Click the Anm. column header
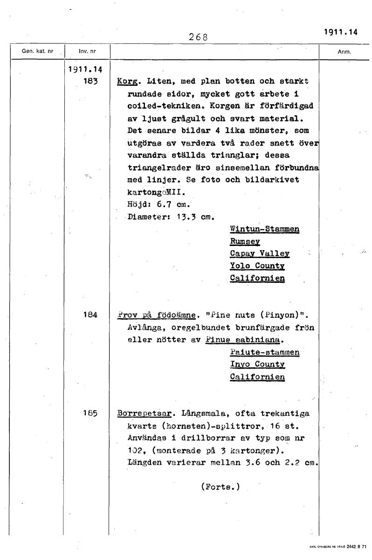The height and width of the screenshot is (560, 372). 344,52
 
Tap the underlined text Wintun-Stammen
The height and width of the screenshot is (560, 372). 264,229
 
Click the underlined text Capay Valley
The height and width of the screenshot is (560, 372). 260,253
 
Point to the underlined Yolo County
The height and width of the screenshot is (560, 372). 257,266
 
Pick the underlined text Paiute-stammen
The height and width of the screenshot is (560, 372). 264,352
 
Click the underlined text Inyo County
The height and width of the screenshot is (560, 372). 257,364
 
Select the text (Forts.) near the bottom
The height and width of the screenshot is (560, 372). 220,487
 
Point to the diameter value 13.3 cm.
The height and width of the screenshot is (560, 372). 193,217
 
